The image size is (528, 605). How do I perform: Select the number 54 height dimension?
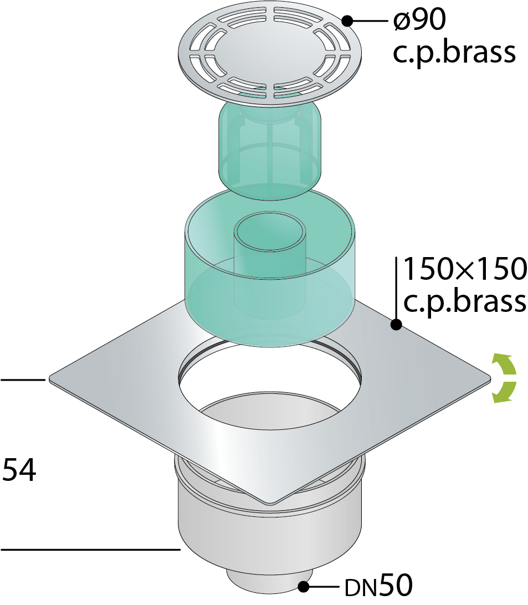(19, 470)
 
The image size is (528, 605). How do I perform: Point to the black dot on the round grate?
(347, 21)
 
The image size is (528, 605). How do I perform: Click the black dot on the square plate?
(396, 325)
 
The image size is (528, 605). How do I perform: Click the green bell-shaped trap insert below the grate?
(270, 148)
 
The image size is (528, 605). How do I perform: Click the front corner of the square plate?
(270, 503)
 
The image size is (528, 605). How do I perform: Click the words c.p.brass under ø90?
(454, 53)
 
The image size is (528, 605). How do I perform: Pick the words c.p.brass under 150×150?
(465, 301)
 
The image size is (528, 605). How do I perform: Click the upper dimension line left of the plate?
(23, 380)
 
